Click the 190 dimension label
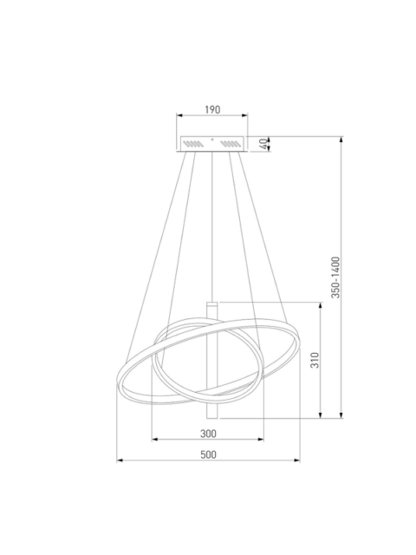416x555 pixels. click(x=212, y=109)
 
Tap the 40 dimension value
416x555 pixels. click(x=263, y=144)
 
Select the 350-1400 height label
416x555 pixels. click(x=335, y=277)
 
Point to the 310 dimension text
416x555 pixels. click(x=315, y=360)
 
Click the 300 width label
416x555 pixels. click(x=208, y=434)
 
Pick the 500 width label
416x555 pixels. click(x=208, y=454)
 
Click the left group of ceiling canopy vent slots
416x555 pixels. click(x=193, y=144)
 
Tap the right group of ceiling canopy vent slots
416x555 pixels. click(x=231, y=144)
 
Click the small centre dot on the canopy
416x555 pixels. click(x=212, y=140)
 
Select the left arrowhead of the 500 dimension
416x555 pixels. click(x=120, y=460)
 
